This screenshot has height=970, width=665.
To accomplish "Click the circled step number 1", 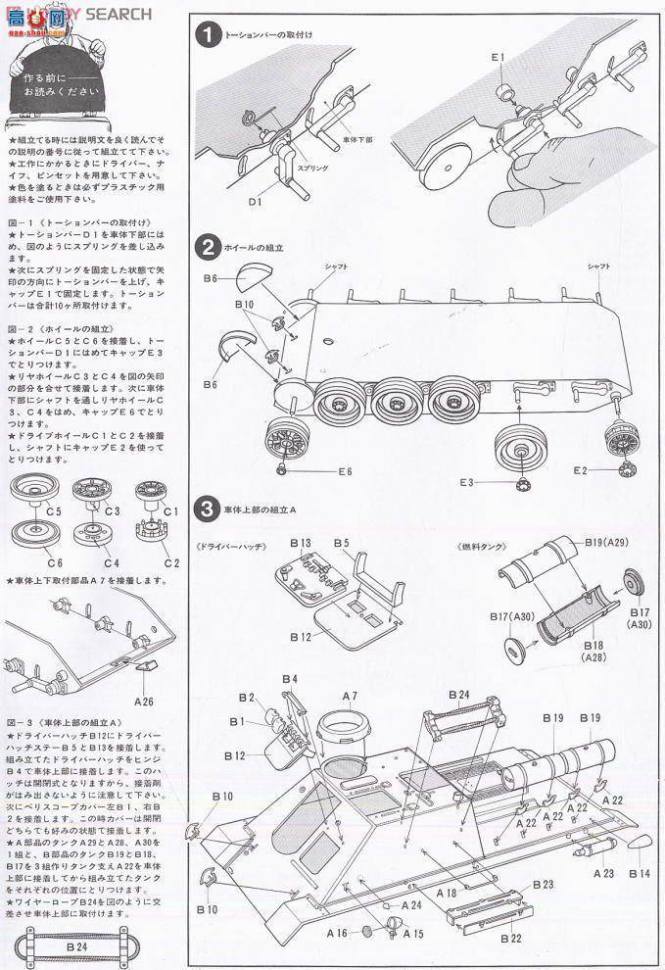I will coord(207,34).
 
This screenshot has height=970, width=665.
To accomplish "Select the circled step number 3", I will coord(207,509).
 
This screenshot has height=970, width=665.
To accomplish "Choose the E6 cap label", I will coord(344,472).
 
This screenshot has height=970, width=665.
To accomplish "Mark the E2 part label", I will coord(583,470).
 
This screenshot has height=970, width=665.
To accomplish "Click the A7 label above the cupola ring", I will coord(349,697).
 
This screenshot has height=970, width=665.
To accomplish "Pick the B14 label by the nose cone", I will coord(640,872).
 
